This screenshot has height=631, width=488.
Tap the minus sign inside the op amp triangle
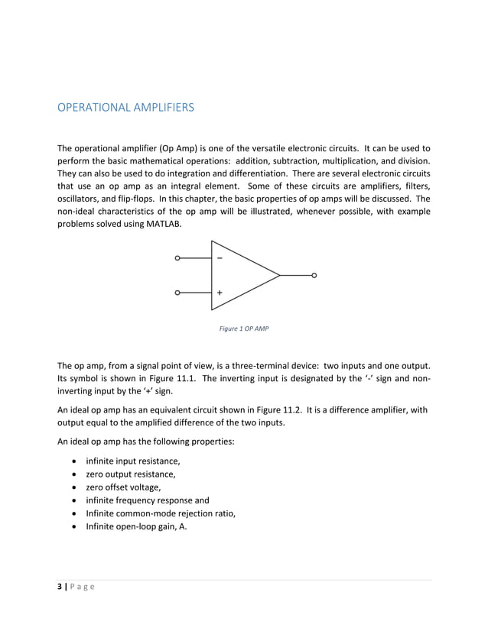[x=220, y=258]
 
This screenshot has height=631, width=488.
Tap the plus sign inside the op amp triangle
[x=220, y=293]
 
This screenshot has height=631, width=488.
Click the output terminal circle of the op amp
[x=314, y=275]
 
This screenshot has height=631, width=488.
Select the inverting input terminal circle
[x=177, y=258]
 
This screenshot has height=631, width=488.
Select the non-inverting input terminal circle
[x=177, y=293]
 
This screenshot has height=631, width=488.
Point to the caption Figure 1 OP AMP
[x=244, y=328]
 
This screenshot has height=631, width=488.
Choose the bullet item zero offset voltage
[x=125, y=487]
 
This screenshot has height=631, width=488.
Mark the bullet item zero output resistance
[x=131, y=474]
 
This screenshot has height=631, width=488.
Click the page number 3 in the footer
[x=60, y=586]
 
